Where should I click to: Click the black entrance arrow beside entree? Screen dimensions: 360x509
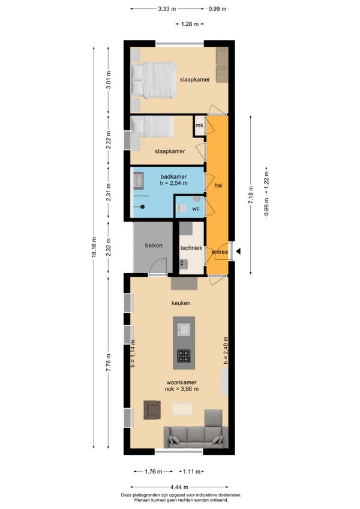[238, 251]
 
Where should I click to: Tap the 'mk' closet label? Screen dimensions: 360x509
[199, 125]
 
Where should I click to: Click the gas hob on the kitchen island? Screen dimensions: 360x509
[184, 356]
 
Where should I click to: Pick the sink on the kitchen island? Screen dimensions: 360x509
[184, 330]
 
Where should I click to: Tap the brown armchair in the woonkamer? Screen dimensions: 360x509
[152, 410]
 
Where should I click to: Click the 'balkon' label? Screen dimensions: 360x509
[154, 245]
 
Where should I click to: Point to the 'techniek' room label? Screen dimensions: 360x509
[191, 248]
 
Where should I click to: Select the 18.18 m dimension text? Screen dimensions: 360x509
[94, 247]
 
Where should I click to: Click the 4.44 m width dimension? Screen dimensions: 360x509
[179, 487]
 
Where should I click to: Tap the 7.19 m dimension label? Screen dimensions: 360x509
[251, 195]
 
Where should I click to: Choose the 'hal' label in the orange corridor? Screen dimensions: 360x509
[218, 185]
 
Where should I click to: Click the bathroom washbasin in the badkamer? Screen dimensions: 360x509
[139, 181]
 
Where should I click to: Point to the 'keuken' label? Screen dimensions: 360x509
[181, 303]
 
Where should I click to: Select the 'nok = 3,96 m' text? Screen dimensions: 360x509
[182, 388]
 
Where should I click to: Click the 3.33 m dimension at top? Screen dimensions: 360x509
[167, 9]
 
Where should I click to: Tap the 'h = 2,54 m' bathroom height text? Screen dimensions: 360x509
[173, 183]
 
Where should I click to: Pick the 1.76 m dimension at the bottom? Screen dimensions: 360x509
[153, 471]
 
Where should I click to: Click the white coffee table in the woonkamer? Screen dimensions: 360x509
[182, 409]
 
